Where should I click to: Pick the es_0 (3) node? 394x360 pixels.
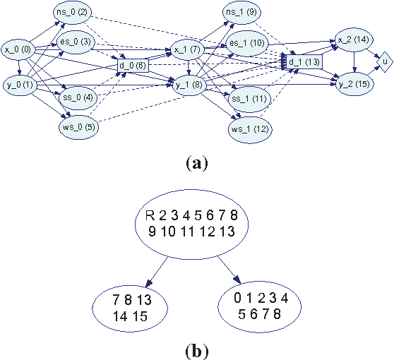[x=76, y=42]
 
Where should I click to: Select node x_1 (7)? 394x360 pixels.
[x=187, y=50]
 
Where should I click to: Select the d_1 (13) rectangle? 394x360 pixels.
[x=302, y=61]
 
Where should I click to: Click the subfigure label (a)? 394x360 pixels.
[x=196, y=164]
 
